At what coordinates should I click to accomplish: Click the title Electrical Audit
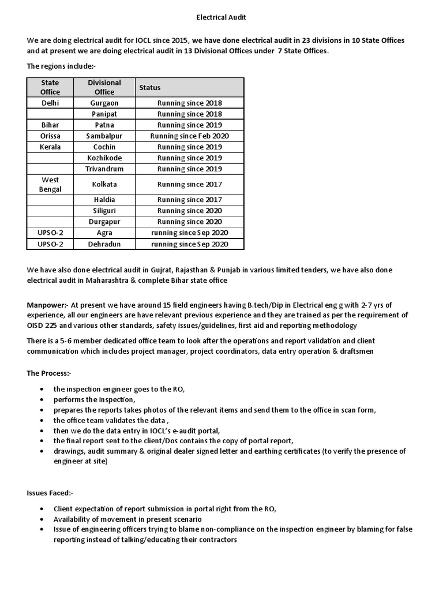(x=221, y=17)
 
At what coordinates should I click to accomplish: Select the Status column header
(x=149, y=87)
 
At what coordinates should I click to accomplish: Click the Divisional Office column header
(x=104, y=87)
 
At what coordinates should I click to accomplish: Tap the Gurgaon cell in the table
(x=104, y=103)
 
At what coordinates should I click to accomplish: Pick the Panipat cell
(x=104, y=114)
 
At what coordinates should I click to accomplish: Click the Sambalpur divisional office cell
(x=104, y=136)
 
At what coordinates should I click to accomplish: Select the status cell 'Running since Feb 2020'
(x=189, y=136)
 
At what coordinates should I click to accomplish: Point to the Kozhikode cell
(x=104, y=158)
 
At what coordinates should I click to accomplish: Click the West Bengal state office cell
(x=50, y=184)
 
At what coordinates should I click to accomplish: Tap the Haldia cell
(x=104, y=200)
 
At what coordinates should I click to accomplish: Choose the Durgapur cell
(x=104, y=222)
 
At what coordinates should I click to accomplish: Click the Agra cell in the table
(x=104, y=233)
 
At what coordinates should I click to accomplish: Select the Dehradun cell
(x=104, y=244)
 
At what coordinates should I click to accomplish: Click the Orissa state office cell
(x=50, y=136)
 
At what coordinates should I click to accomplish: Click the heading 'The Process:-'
(x=49, y=373)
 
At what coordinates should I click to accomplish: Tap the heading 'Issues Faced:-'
(x=50, y=493)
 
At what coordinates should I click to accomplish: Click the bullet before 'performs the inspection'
(x=42, y=399)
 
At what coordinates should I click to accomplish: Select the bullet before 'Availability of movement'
(x=42, y=519)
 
